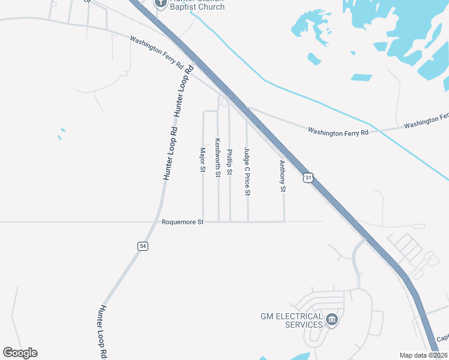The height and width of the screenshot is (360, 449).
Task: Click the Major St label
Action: [x=202, y=160]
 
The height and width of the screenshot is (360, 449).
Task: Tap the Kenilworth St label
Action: [x=217, y=158]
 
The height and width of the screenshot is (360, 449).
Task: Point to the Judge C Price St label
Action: [x=246, y=172]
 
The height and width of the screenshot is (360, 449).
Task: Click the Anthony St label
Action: [x=282, y=176]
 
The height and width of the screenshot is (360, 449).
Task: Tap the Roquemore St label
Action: [x=183, y=222]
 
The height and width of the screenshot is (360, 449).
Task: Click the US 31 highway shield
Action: [x=308, y=178]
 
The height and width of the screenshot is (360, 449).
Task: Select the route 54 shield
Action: [x=142, y=246]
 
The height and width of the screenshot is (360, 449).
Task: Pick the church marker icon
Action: [x=160, y=3]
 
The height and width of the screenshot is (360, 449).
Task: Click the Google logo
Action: [x=20, y=353]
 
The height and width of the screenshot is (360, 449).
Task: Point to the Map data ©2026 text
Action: [x=424, y=355]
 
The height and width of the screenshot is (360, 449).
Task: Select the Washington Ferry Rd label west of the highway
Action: [x=156, y=52]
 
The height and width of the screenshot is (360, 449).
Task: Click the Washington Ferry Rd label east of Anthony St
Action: [x=337, y=131]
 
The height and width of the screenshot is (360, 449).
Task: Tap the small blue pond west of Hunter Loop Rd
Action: [x=61, y=133]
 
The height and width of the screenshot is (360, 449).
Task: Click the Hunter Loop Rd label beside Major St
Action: [x=170, y=153]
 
